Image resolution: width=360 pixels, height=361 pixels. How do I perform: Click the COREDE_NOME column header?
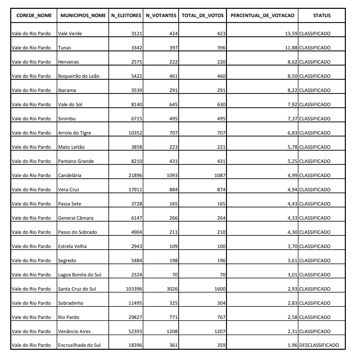34,16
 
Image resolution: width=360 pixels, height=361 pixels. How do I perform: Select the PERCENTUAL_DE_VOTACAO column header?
263,16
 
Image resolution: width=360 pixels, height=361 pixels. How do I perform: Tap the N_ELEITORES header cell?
126,16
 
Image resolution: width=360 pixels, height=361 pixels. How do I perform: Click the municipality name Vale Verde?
70,34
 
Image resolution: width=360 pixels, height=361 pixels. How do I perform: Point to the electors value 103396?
134,289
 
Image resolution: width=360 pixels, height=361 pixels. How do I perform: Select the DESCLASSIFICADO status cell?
319,345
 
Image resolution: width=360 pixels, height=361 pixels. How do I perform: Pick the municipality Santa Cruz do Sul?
77,289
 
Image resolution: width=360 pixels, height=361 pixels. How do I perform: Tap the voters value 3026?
172,289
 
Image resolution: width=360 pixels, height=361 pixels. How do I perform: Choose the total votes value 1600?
219,289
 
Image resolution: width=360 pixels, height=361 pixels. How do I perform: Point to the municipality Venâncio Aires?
74,331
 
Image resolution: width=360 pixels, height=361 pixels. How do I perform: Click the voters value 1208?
172,331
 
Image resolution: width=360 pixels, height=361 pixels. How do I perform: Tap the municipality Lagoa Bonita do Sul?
80,274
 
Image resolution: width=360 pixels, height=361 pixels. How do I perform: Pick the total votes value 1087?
219,175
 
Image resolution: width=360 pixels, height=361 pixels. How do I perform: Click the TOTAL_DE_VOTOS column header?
202,16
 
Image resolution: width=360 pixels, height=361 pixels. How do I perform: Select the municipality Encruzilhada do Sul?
79,345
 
